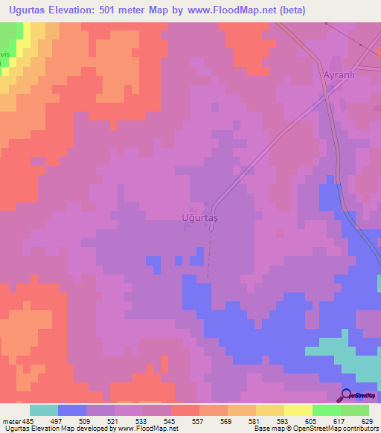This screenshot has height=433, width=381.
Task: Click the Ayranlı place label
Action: [x=325, y=76]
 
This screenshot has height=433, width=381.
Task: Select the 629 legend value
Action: [x=368, y=420]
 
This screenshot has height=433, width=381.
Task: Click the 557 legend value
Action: [x=199, y=420]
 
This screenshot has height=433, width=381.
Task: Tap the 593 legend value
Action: [x=284, y=420]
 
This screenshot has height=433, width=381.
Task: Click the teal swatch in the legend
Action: [x=44, y=410]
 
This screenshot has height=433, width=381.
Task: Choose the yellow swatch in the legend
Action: [x=298, y=410]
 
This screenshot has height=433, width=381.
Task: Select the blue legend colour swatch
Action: [x=72, y=410]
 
